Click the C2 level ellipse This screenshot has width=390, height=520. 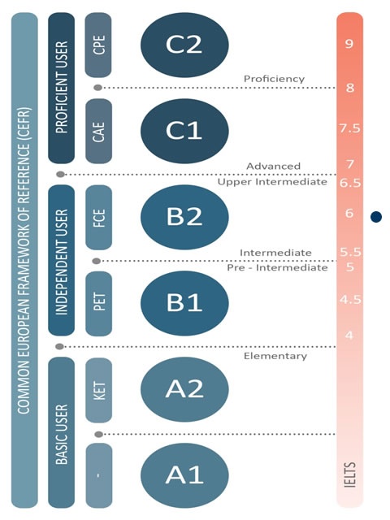pos(184,45)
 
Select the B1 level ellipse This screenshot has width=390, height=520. pos(184,303)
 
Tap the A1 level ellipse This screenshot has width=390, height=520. pos(184,475)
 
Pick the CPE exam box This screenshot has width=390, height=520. pos(98,45)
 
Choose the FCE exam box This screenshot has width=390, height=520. pos(98,217)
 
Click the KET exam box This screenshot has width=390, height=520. pos(98,390)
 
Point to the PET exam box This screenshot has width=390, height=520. pos(98,303)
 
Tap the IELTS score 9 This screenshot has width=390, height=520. pos(349,43)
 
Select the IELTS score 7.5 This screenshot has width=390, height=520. pos(349,128)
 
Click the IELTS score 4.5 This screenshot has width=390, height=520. pos(350,300)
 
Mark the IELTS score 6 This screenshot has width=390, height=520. pos(349,213)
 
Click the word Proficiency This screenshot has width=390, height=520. pos(274,79)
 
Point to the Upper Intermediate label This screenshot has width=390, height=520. pos(272,182)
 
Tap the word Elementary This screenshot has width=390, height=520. pos(275,356)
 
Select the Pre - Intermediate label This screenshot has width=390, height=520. pos(277,267)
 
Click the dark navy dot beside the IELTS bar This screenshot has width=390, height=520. pos(376,217)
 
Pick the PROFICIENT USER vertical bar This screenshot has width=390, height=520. pos(62,88)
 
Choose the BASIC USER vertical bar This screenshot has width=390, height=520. pos(62,432)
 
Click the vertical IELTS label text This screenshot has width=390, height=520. pos(350,474)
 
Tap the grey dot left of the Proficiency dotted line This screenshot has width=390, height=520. pos(97,88)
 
